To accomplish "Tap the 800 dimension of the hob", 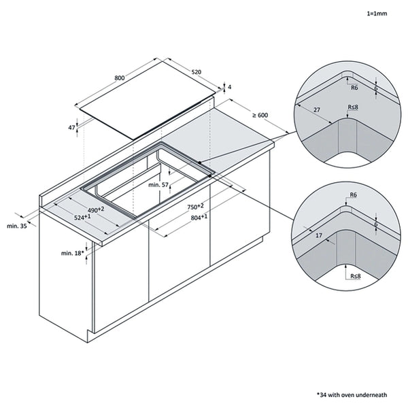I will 120,78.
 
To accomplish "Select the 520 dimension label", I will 196,71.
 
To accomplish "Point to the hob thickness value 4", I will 230,87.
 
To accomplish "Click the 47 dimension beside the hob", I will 71,127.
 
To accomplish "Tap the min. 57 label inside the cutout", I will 159,185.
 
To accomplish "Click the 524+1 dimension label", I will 83,218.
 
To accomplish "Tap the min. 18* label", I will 71,253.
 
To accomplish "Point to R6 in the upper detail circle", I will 354,88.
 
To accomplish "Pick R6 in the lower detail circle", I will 352,196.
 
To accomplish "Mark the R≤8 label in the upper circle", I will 353,107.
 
